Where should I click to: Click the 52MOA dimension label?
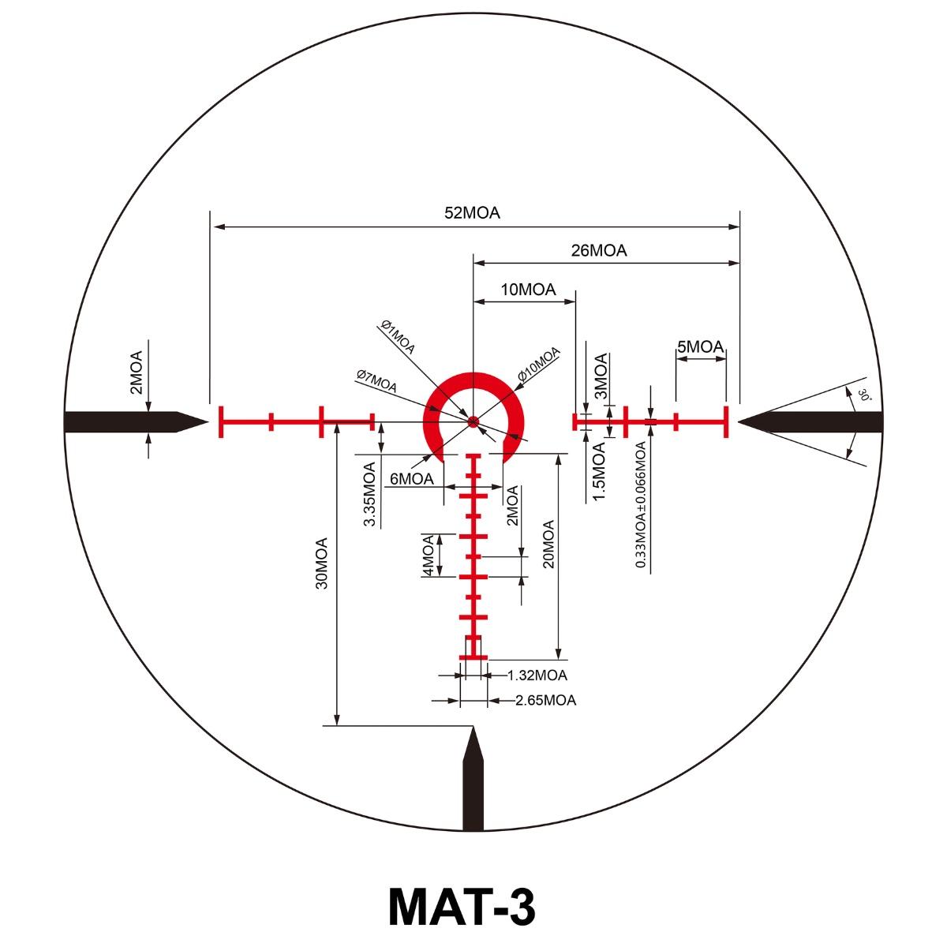472,213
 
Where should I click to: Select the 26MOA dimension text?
598,251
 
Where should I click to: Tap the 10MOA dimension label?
528,290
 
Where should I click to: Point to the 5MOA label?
700,347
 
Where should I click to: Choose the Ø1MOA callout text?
398,337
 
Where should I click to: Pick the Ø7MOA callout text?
376,381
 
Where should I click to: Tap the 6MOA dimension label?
411,478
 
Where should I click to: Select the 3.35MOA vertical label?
369,494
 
